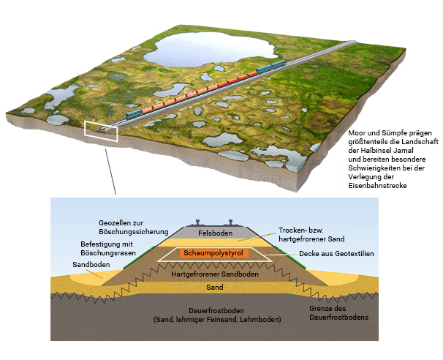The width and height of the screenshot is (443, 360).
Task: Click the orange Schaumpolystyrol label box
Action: click(213, 253)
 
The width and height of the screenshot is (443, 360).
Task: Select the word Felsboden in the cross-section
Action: click(215, 233)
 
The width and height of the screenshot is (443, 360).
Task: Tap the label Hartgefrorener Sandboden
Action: click(215, 274)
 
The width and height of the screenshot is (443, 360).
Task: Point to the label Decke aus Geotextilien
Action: click(336, 254)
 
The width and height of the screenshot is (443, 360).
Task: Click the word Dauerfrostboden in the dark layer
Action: click(216, 311)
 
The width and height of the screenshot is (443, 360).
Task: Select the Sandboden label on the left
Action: click(91, 265)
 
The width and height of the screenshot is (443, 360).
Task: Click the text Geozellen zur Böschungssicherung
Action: click(133, 228)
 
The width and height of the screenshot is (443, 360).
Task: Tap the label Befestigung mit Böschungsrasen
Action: click(108, 248)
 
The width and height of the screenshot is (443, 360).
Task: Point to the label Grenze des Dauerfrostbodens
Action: click(338, 312)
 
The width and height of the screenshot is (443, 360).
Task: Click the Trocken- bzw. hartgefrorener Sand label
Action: click(311, 234)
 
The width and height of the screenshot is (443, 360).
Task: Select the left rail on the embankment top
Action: click(197, 222)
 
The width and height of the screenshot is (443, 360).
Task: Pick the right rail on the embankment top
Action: click(230, 222)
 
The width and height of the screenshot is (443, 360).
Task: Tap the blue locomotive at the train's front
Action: click(134, 113)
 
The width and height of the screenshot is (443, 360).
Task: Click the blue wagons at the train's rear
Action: click(271, 67)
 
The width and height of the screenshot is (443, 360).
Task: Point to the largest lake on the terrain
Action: click(209, 50)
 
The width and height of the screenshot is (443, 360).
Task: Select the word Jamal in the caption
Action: click(404, 150)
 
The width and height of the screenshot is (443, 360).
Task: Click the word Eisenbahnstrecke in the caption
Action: click(377, 186)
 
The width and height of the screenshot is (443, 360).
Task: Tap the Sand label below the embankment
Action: click(215, 288)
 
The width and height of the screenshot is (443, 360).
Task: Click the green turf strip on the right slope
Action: click(290, 258)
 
